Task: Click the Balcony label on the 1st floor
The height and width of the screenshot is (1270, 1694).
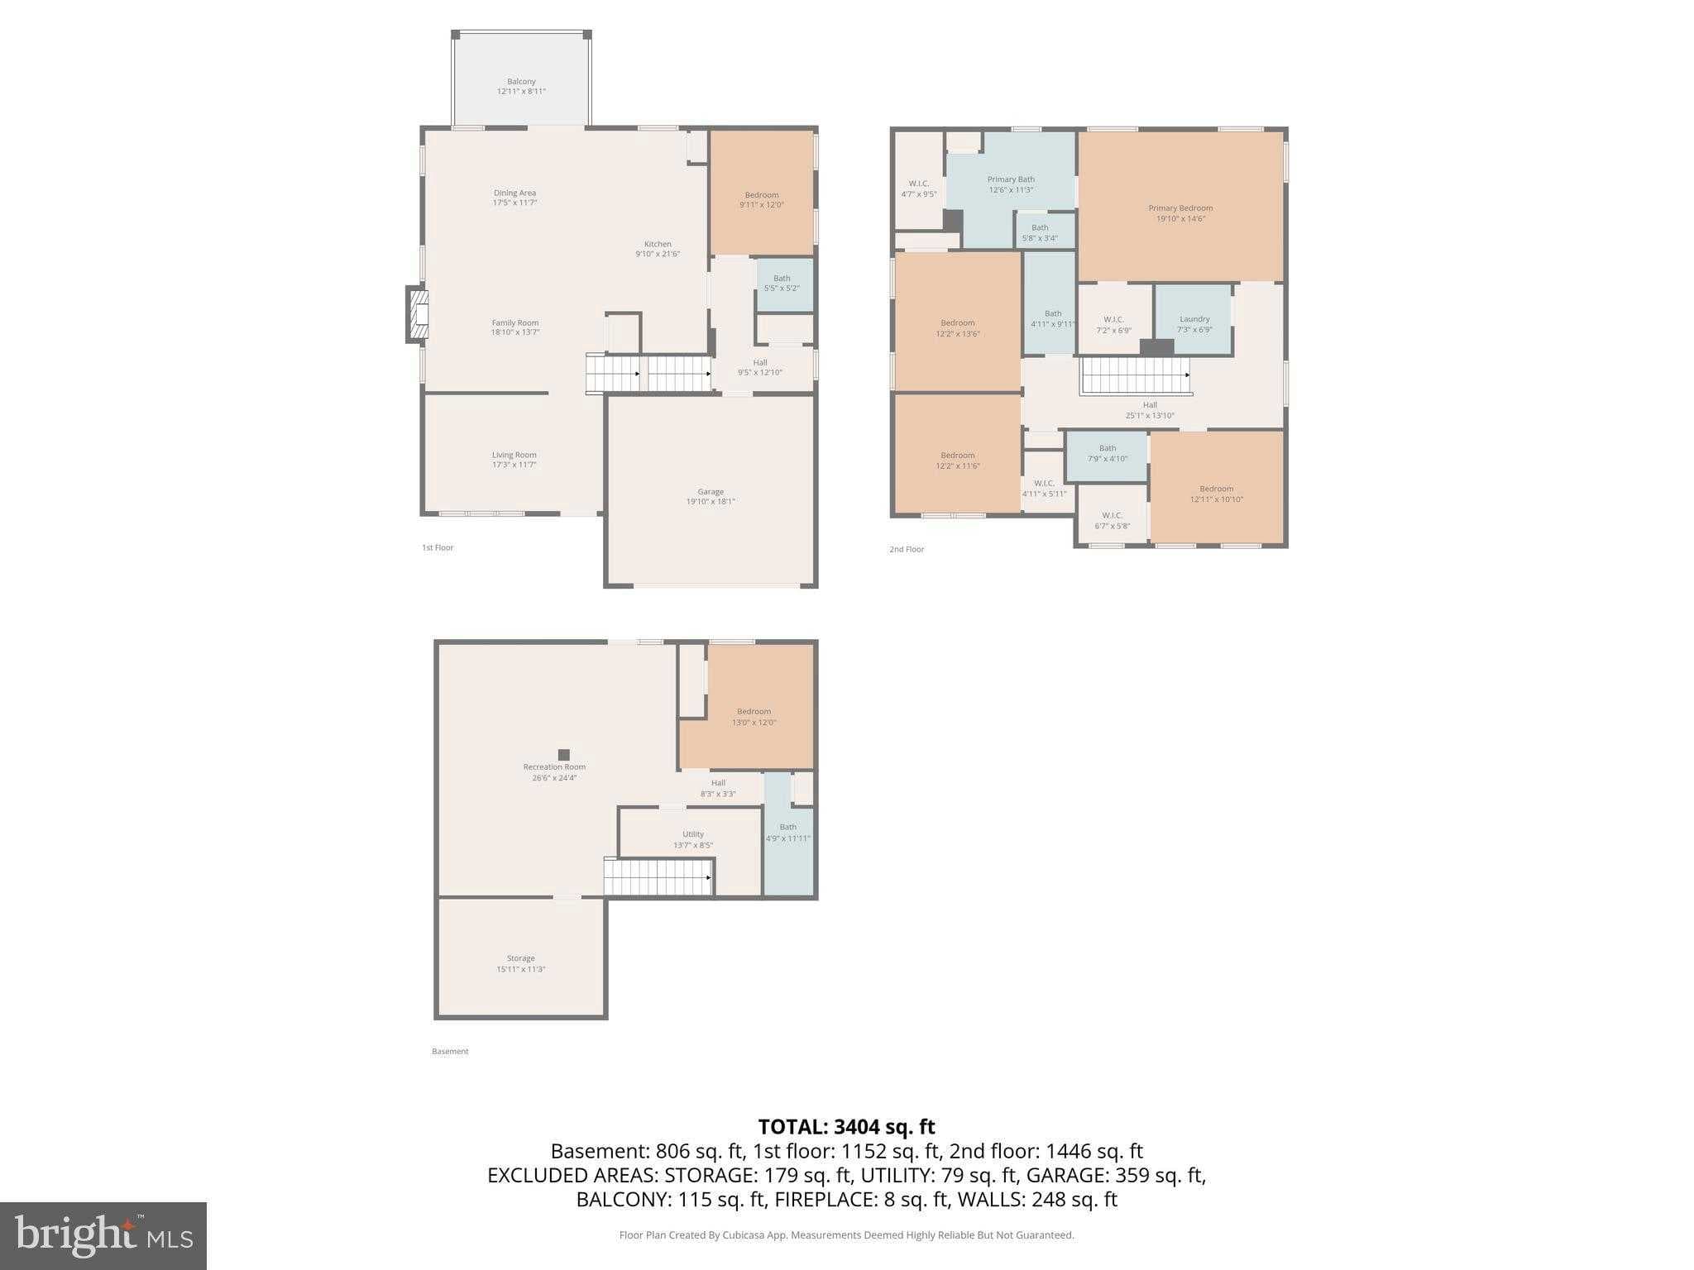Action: pos(521,82)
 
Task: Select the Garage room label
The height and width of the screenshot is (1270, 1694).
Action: pos(710,492)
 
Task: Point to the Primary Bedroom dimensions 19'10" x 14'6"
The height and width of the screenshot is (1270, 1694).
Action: pos(1180,219)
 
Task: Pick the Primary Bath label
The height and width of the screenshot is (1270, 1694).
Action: pos(1011,179)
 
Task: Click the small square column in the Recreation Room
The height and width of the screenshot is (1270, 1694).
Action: pos(563,754)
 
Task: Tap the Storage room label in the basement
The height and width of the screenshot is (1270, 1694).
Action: pos(520,958)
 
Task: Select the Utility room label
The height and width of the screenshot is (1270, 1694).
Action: pos(692,834)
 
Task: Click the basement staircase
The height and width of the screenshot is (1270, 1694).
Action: pos(658,876)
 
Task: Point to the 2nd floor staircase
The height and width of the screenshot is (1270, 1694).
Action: pos(1135,376)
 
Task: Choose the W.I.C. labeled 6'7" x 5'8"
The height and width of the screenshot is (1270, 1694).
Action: pos(1112,521)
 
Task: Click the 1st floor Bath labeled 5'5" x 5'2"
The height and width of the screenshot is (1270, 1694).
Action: pos(782,284)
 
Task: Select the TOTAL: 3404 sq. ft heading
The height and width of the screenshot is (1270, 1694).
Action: pos(846,1126)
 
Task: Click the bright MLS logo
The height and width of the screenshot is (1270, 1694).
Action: pos(103,1235)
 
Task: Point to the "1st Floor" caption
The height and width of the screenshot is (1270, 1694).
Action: pos(438,547)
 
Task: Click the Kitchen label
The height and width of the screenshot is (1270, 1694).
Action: pos(658,244)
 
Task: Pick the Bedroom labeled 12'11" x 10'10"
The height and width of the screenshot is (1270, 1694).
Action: pos(1216,494)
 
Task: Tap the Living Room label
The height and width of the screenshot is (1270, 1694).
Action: pos(514,455)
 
